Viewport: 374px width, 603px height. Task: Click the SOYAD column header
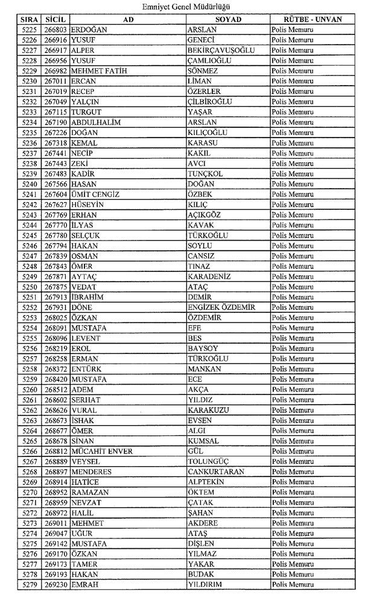click(227, 19)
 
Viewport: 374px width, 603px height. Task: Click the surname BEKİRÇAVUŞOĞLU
click(221, 50)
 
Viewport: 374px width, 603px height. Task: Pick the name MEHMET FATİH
click(96, 71)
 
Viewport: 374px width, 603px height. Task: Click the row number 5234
click(29, 122)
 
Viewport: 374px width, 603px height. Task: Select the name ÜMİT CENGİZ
click(95, 194)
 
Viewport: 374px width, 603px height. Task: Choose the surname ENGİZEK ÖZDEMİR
click(221, 307)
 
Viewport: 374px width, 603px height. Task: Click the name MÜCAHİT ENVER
click(102, 451)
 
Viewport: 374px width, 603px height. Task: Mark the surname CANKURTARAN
click(216, 472)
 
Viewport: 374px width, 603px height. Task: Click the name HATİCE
click(85, 482)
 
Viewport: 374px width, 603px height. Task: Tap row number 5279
click(29, 585)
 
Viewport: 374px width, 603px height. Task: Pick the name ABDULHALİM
click(96, 122)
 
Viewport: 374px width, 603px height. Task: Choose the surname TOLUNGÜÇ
click(211, 461)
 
